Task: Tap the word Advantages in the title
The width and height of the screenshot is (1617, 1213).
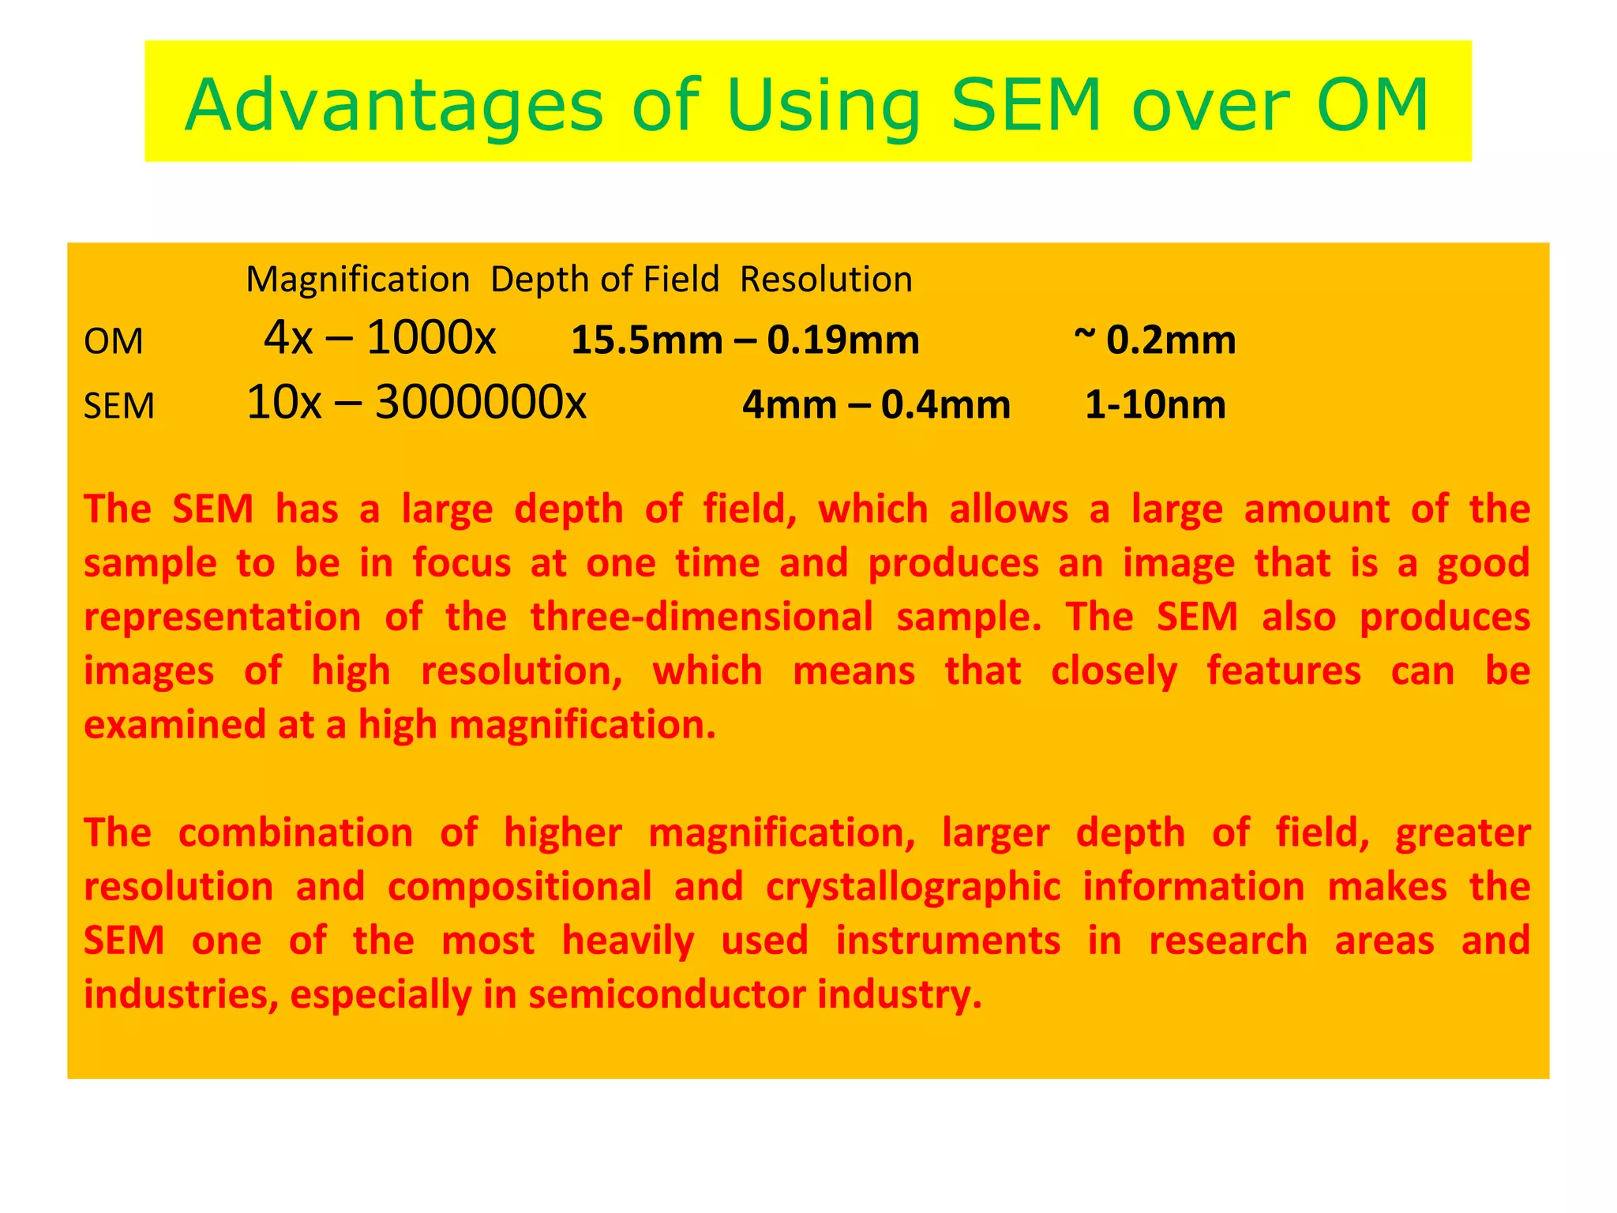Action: coord(394,107)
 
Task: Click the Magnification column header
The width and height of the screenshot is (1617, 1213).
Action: coord(358,280)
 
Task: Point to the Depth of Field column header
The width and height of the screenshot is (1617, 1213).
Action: coord(605,280)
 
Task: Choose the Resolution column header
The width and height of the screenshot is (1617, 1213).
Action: coord(826,280)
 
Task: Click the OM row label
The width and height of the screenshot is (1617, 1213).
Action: coord(114,342)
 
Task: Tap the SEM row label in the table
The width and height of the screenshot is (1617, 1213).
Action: coord(119,407)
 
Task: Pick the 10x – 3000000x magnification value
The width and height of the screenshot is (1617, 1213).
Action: coord(416,403)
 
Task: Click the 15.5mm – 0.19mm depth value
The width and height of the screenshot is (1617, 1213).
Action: coord(745,340)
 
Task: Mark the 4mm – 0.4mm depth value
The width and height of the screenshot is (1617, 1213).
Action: coord(876,405)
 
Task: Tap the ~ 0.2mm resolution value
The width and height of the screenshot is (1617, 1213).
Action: coord(1154,340)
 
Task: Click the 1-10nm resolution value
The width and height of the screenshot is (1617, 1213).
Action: coord(1155,405)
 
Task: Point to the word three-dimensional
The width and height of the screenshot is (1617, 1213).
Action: coord(701,617)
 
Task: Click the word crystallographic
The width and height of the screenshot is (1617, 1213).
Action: coord(913,887)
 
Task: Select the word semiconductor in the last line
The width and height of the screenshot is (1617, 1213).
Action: coord(667,994)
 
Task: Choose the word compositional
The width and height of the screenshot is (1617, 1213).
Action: coord(520,887)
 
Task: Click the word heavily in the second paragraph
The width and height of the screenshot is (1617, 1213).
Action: coord(628,941)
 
